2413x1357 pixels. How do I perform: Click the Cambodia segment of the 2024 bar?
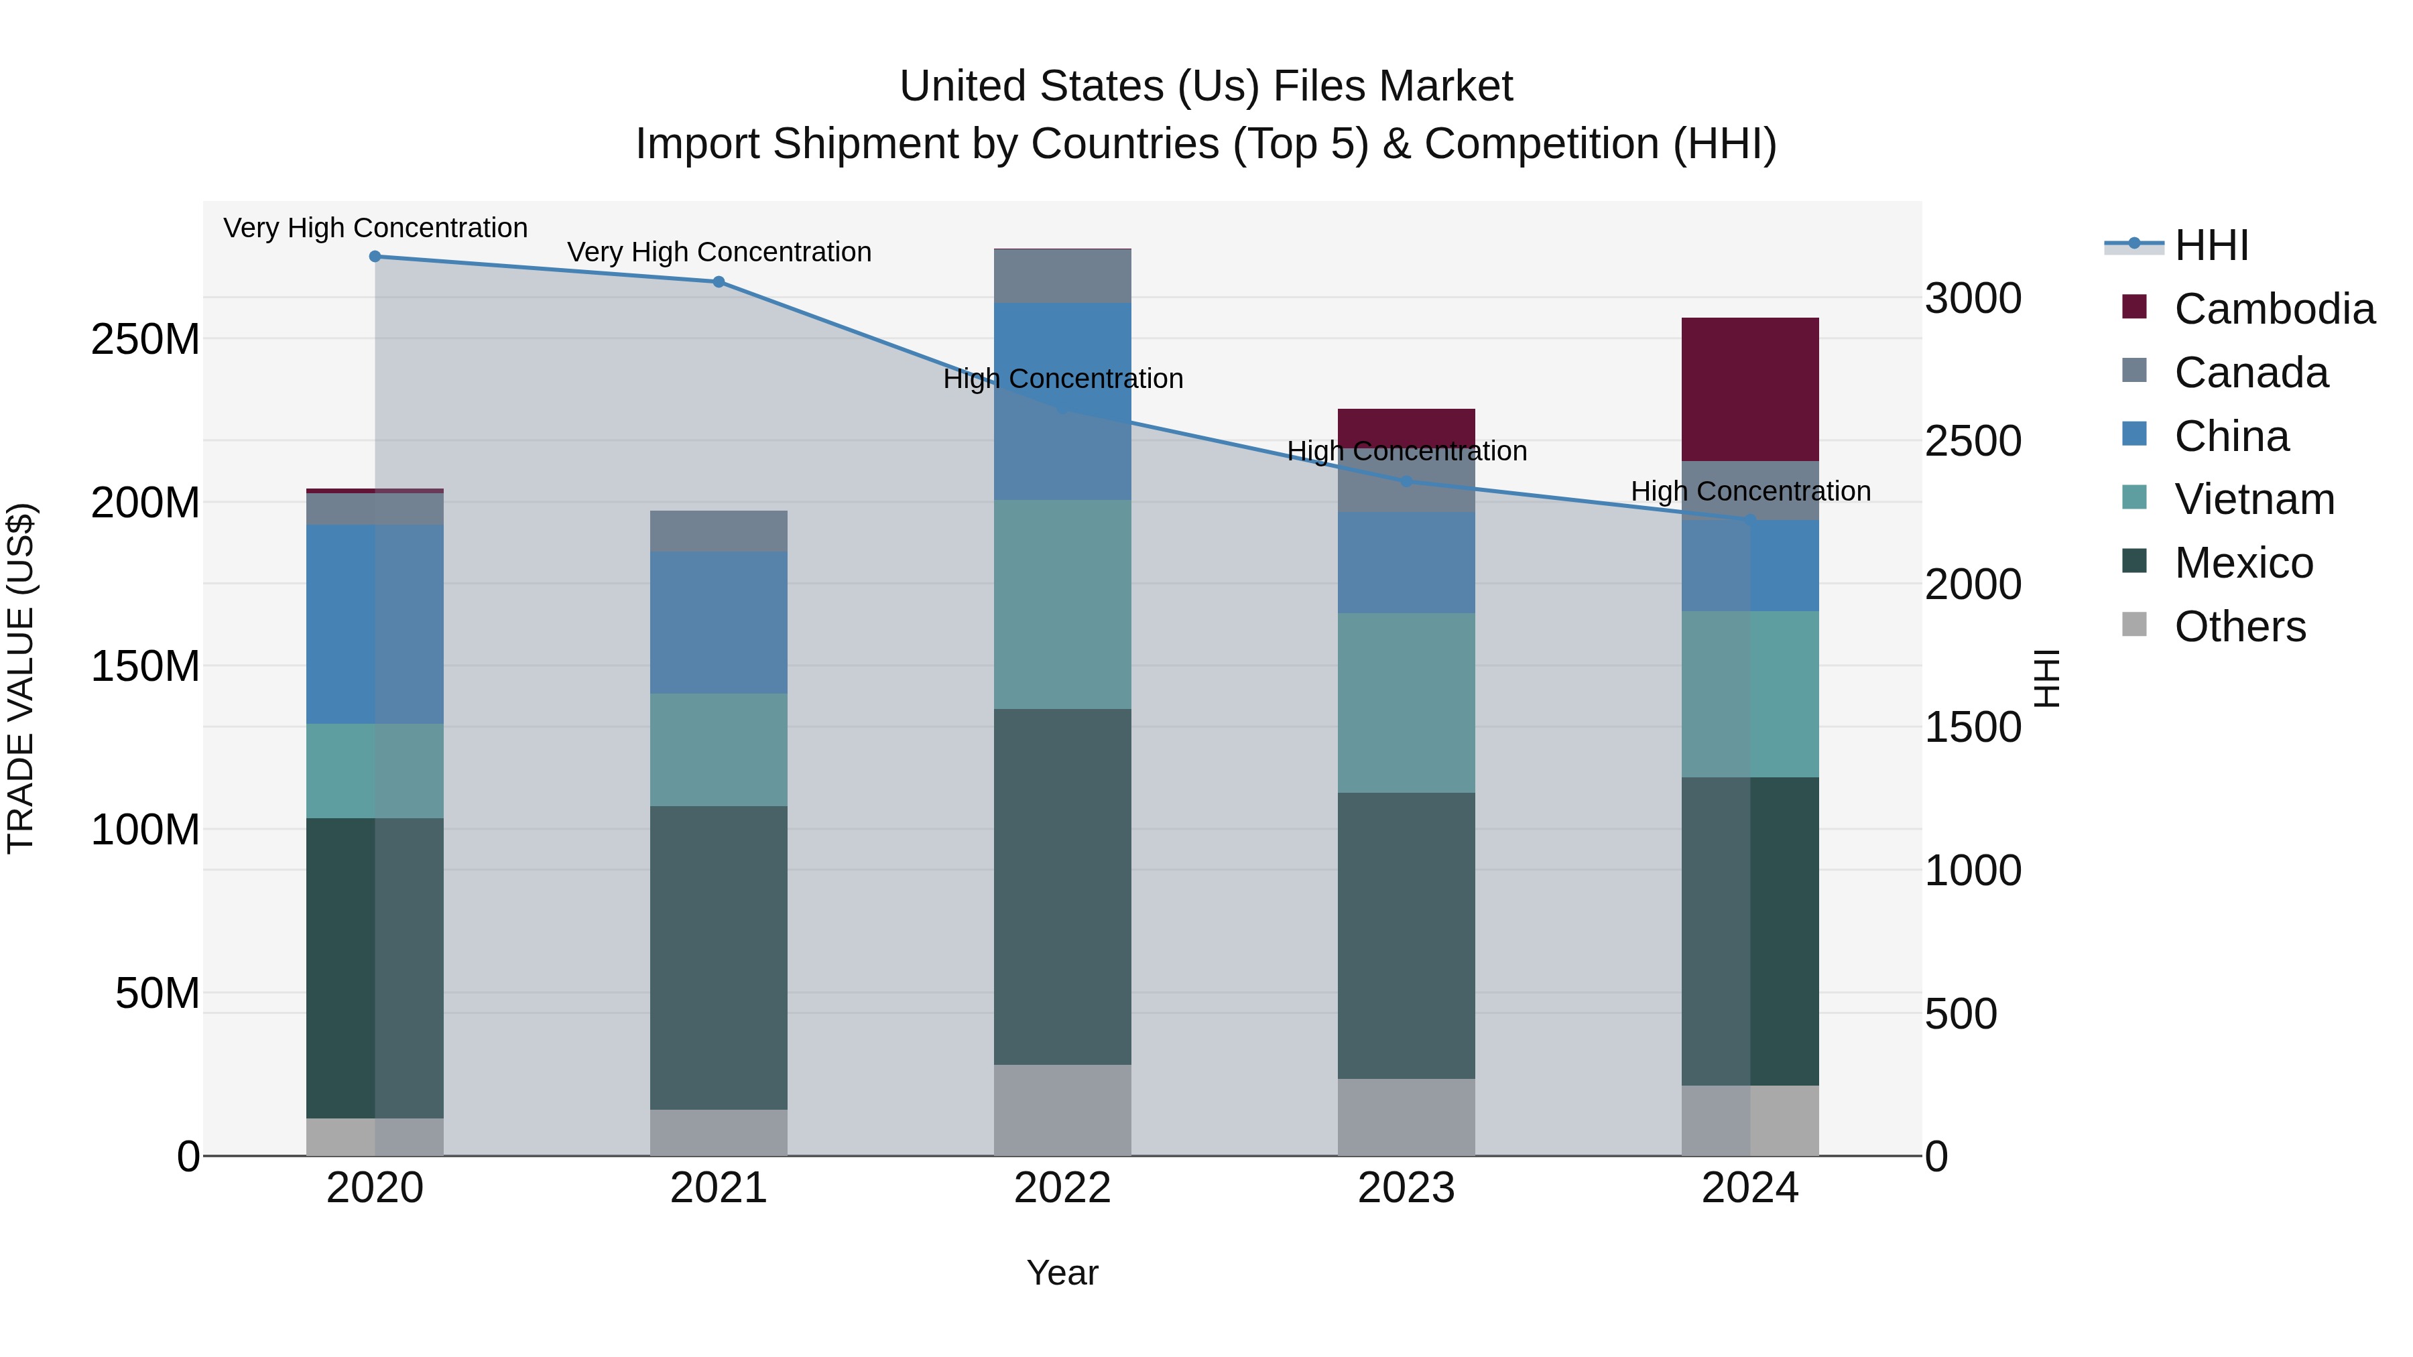1750,389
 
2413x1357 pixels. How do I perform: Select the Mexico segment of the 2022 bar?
1062,886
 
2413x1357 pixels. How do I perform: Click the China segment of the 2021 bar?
719,622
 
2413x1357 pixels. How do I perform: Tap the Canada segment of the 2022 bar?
1062,276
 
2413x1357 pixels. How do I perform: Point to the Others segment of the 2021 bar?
719,1133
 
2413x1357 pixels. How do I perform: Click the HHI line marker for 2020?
375,257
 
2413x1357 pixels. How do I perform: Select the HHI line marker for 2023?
1406,481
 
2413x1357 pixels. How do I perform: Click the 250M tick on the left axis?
145,339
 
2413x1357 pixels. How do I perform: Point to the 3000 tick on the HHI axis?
1973,299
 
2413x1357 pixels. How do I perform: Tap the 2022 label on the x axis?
1062,1188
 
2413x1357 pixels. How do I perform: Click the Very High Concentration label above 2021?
719,252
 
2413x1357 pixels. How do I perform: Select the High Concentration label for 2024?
1750,491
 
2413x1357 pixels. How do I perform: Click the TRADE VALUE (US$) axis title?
21,678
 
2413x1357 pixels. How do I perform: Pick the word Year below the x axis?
1062,1273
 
